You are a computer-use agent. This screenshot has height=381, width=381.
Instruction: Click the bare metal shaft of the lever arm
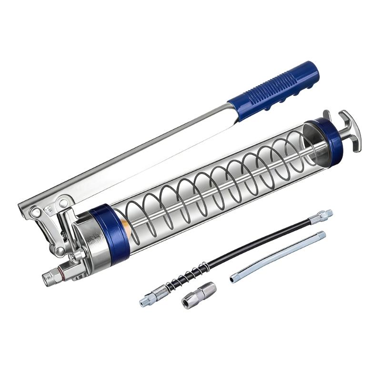coord(143,152)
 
